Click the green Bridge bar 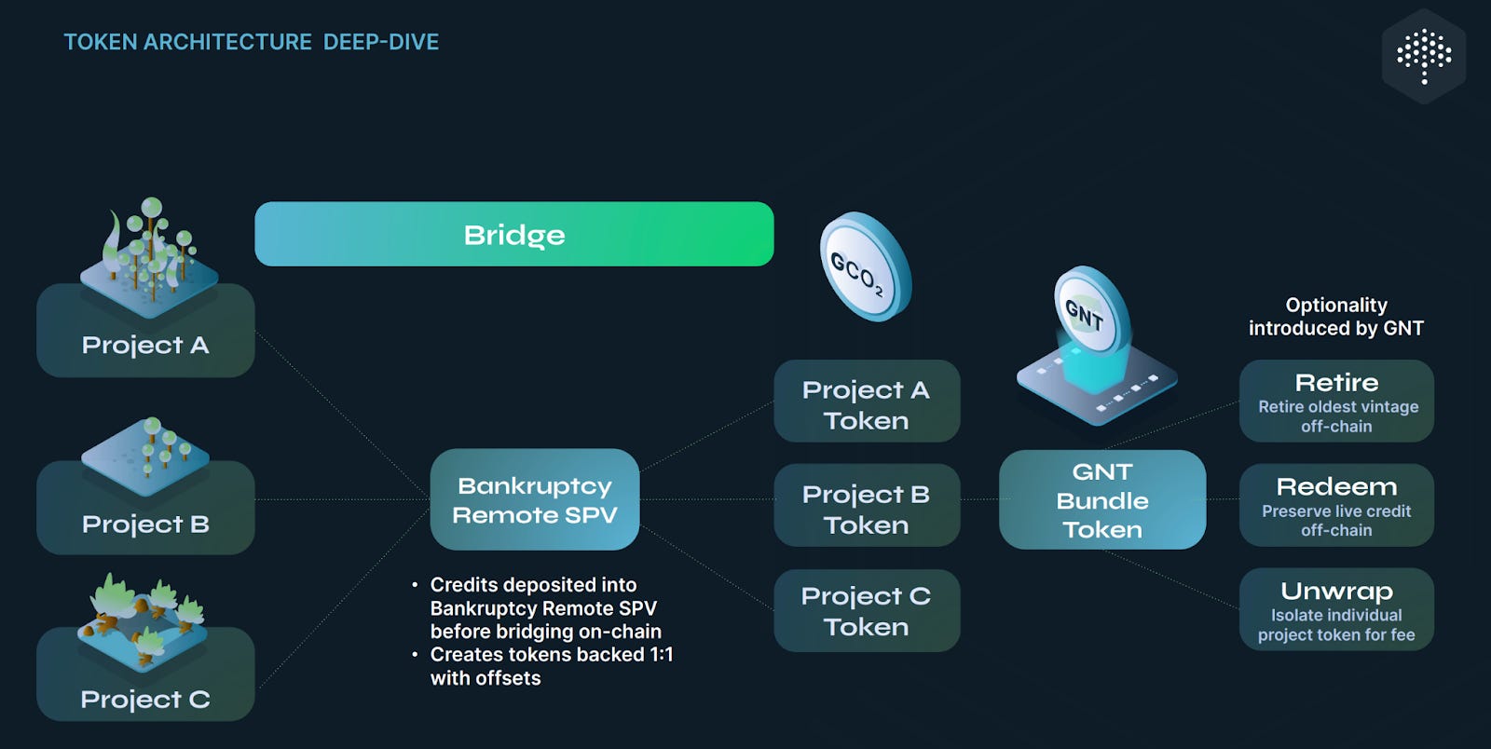pos(513,234)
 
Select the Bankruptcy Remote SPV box pos(534,499)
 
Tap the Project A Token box pos(866,402)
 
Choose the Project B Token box pos(866,506)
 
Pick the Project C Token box pos(866,610)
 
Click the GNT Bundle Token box pos(1101,500)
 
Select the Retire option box pos(1335,402)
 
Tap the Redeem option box pos(1335,506)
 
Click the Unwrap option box pos(1335,610)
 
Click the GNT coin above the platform pos(1089,313)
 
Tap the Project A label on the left pos(145,345)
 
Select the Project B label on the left pos(145,524)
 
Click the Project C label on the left pos(145,699)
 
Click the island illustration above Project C pos(145,620)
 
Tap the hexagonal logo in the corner pos(1423,56)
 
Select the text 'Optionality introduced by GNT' pos(1335,317)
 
